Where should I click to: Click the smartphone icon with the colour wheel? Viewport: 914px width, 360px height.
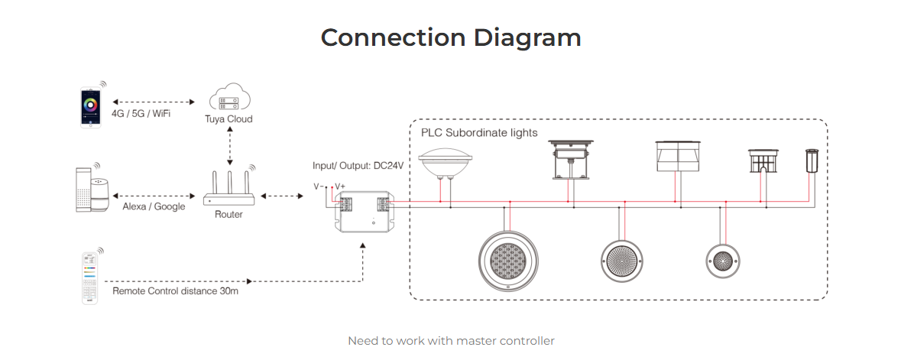(x=90, y=107)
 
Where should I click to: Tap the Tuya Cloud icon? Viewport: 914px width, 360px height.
(x=230, y=98)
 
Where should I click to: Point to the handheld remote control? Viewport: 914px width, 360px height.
(x=89, y=279)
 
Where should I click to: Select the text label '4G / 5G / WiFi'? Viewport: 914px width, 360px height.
(x=141, y=114)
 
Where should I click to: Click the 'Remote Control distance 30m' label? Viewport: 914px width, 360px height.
(x=175, y=290)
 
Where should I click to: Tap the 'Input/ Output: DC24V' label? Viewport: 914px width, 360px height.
(x=358, y=166)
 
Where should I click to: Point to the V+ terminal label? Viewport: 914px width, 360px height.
(x=340, y=186)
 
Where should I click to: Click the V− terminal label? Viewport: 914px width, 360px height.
(x=319, y=186)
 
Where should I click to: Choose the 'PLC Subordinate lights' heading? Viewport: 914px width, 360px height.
(x=479, y=133)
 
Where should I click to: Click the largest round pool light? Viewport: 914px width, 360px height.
(x=508, y=260)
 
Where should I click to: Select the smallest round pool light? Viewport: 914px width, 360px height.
(x=722, y=261)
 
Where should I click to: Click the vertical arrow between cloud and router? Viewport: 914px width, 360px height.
(x=230, y=146)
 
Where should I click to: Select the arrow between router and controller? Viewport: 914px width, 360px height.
(x=282, y=196)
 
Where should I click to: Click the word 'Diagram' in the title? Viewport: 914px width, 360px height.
(x=527, y=38)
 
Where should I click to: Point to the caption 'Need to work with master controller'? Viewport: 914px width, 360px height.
(x=451, y=341)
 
